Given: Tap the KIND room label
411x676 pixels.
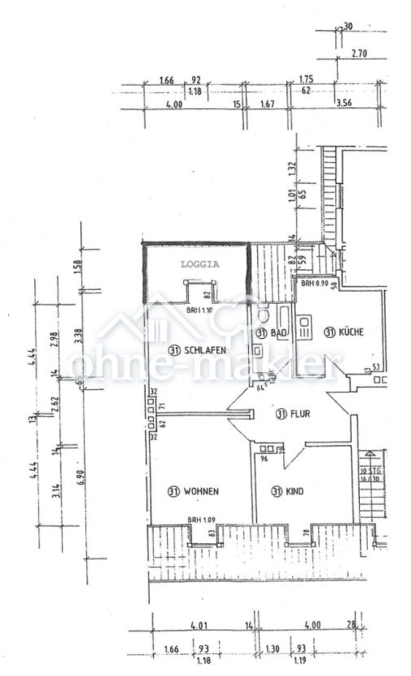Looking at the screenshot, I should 292,491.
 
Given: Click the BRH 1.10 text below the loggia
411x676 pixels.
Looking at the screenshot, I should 200,310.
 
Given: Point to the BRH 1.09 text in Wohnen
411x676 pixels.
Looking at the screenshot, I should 201,520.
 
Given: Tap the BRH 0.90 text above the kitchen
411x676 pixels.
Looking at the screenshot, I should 315,283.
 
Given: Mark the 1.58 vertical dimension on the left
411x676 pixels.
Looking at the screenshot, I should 79,267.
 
